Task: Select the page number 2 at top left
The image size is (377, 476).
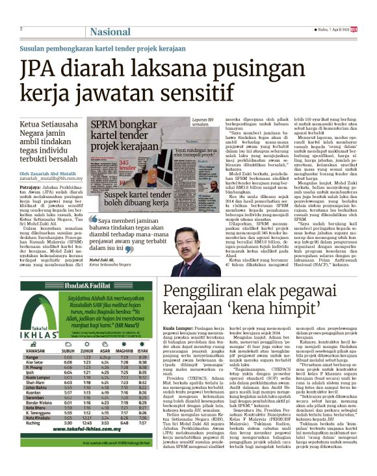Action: click(21, 29)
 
